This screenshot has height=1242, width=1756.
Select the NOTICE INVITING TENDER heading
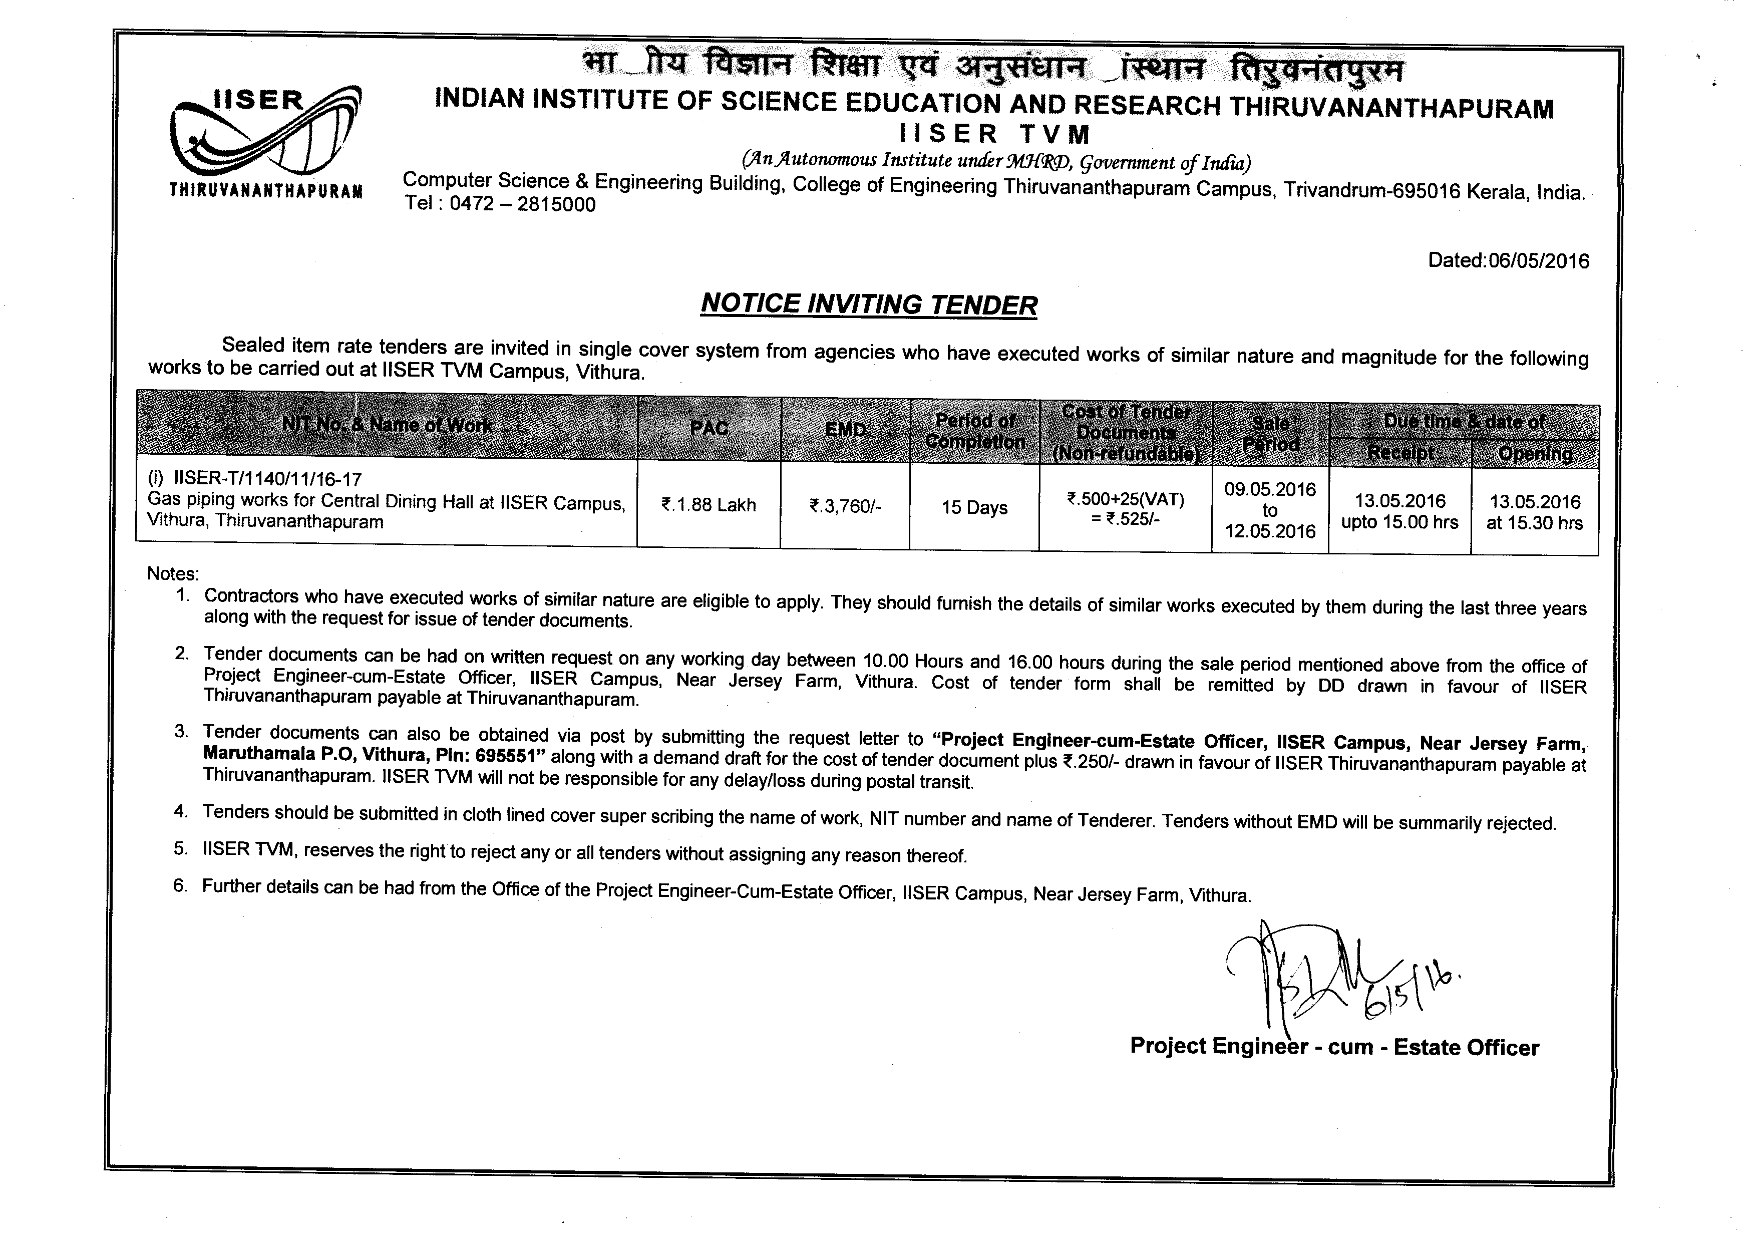869,304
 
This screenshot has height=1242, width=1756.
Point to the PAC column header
709,428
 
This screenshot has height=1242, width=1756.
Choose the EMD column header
845,430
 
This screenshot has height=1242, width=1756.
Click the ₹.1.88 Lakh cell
709,505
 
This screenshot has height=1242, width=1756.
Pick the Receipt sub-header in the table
1400,454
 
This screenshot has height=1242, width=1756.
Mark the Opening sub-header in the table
1535,454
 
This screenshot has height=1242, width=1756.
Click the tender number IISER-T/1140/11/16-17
268,479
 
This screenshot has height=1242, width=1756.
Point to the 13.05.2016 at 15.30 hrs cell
1535,512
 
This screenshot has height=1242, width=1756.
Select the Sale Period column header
1270,434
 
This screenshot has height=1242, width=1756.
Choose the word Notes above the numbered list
173,573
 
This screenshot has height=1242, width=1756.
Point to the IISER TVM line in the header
994,135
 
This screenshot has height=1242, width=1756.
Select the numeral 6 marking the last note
180,885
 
